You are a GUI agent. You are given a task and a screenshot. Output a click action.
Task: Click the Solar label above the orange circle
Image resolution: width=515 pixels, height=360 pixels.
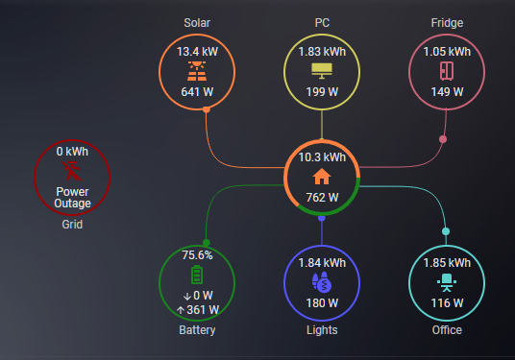(x=197, y=22)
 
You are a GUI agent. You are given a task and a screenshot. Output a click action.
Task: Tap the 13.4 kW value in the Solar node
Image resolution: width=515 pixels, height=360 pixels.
(x=197, y=52)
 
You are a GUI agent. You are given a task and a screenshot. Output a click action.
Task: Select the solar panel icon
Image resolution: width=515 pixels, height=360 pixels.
(x=197, y=71)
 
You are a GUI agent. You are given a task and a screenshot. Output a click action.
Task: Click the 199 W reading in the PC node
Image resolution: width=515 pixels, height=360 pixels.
(x=322, y=92)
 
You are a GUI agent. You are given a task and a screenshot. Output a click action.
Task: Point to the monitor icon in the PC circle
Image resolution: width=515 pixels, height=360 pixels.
(x=322, y=71)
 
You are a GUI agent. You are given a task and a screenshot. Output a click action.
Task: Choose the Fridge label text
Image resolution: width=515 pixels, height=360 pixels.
(x=447, y=22)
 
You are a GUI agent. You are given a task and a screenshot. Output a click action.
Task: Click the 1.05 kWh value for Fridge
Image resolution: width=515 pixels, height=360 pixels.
(x=447, y=52)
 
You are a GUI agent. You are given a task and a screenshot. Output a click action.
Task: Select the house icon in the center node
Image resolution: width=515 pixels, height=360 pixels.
(x=322, y=177)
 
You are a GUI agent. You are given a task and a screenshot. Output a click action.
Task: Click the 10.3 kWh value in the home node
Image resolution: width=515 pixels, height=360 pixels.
(x=322, y=156)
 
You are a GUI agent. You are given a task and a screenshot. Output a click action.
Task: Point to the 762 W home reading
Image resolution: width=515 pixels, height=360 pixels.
(x=322, y=198)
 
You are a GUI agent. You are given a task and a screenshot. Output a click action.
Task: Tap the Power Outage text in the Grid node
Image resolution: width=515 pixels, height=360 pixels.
(x=72, y=197)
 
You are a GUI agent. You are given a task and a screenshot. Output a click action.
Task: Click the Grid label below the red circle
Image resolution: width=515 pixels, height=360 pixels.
(x=72, y=226)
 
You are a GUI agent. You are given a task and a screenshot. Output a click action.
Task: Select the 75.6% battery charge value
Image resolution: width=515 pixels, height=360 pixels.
(x=197, y=255)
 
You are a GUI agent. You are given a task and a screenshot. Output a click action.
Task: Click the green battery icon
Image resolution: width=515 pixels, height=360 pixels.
(x=197, y=276)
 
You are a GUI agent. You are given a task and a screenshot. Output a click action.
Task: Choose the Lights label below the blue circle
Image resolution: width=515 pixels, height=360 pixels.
(x=322, y=330)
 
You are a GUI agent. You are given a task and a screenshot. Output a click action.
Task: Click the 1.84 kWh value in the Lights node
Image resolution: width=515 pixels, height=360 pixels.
(x=322, y=262)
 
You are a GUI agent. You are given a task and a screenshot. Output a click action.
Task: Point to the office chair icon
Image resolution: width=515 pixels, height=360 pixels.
(x=447, y=282)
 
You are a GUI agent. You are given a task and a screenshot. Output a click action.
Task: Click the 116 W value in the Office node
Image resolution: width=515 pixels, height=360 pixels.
(x=447, y=303)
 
